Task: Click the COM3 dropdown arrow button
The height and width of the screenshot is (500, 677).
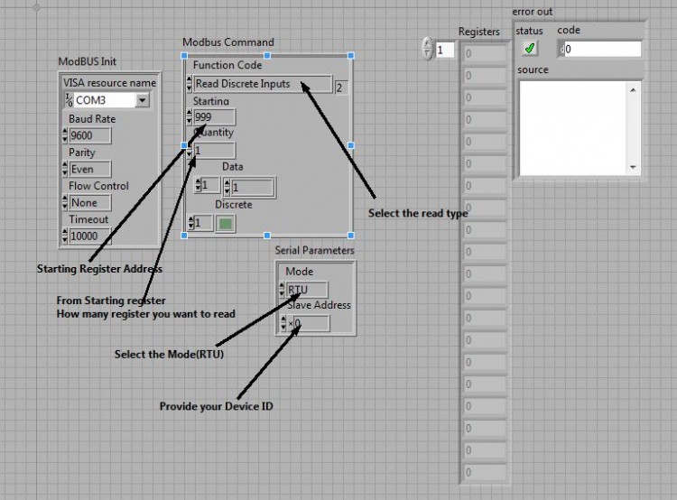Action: click(142, 100)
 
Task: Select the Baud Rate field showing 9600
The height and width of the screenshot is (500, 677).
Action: click(89, 135)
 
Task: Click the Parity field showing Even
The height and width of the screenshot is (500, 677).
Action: click(89, 170)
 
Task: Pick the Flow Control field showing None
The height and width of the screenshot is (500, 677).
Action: click(89, 202)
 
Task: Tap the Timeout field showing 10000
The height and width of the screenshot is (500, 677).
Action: click(89, 236)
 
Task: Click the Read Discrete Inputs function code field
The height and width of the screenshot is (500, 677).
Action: click(263, 84)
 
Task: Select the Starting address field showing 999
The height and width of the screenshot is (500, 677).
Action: click(214, 117)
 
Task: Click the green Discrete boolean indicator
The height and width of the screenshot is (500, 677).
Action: click(226, 223)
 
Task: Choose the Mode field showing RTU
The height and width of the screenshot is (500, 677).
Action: click(307, 290)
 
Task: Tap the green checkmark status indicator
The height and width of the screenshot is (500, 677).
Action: click(530, 48)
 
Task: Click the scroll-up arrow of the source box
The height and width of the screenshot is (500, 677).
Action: click(633, 90)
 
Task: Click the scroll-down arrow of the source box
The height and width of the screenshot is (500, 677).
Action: click(633, 167)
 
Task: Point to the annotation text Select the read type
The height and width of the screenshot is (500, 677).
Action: click(418, 213)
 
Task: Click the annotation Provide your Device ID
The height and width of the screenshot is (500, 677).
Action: click(217, 406)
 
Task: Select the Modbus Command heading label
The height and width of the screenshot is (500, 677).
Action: click(228, 42)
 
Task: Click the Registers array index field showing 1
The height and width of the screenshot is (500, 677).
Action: click(445, 50)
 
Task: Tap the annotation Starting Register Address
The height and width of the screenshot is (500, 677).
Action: click(99, 269)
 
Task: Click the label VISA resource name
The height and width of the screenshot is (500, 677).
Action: click(109, 82)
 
